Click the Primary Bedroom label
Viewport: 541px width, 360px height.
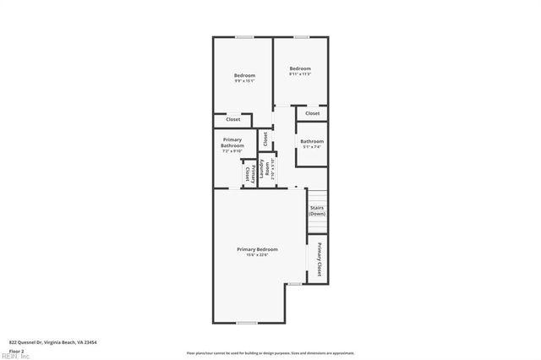click(x=257, y=249)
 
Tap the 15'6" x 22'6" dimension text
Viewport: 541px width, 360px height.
click(x=257, y=255)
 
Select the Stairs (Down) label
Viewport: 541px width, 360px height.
click(x=317, y=210)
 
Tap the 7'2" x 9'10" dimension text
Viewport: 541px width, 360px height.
click(x=232, y=152)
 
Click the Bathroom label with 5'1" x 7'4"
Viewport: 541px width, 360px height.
click(x=312, y=141)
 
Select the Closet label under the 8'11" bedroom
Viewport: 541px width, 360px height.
click(x=312, y=113)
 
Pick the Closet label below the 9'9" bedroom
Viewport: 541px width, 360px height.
click(x=232, y=119)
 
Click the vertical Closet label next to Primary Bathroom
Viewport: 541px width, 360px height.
click(x=265, y=137)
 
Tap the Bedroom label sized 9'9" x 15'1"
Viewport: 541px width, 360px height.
click(x=244, y=75)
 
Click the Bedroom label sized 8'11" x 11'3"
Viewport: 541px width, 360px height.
click(x=300, y=68)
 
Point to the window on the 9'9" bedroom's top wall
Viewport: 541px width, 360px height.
click(x=244, y=36)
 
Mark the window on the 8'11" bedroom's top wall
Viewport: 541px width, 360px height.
click(x=300, y=36)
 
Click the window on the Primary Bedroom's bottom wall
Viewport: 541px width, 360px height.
click(x=246, y=323)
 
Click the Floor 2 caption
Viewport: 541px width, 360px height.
click(x=17, y=350)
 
